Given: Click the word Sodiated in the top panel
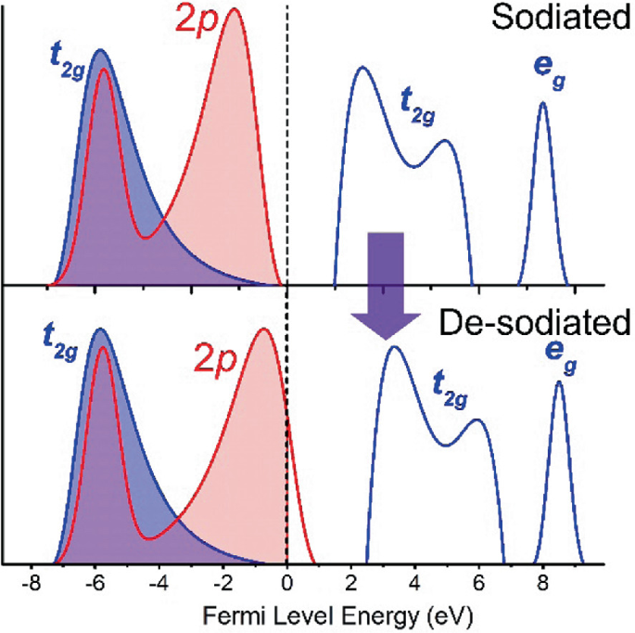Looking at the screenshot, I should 556,19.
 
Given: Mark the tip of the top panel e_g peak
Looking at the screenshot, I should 542,102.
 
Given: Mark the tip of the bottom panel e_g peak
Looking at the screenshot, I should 558,381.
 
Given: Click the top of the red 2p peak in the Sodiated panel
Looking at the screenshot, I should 235,9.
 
